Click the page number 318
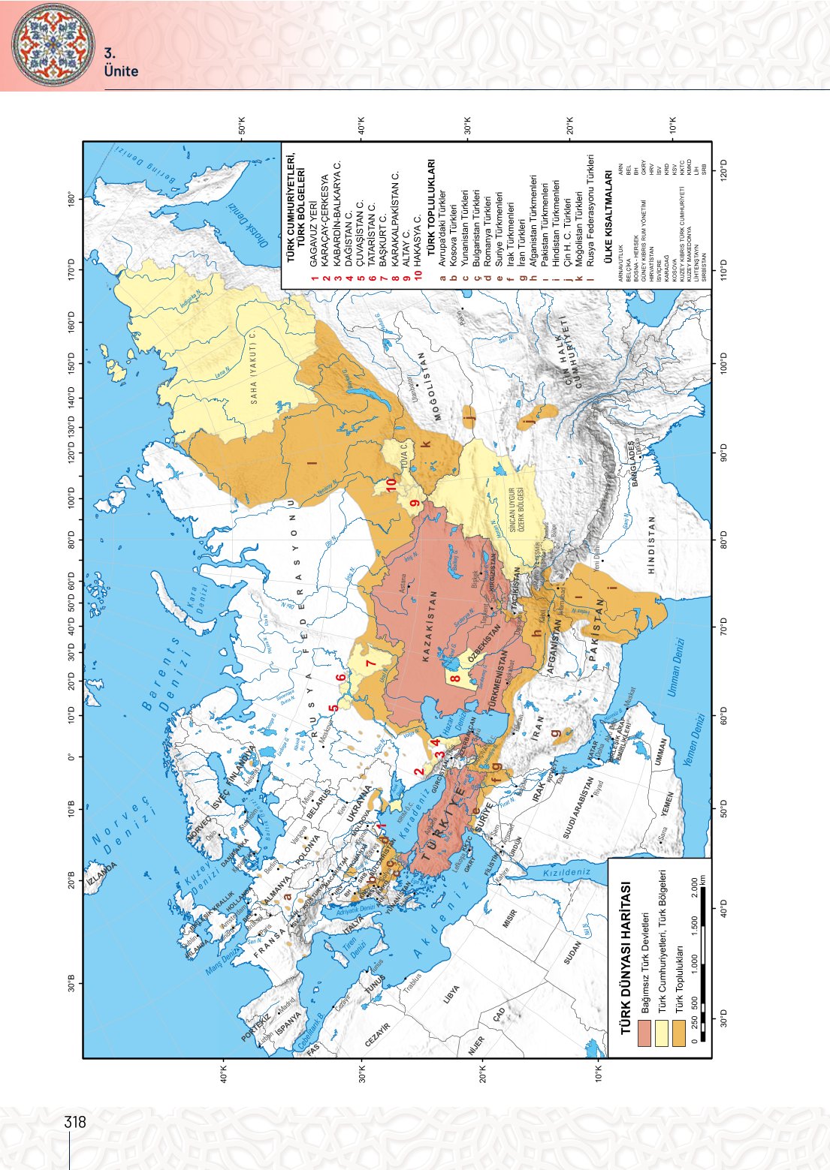coord(75,1123)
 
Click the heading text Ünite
coord(121,71)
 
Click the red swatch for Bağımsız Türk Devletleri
coord(644,1036)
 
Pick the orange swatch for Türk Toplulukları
coord(678,1036)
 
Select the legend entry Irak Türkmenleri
coord(510,212)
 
